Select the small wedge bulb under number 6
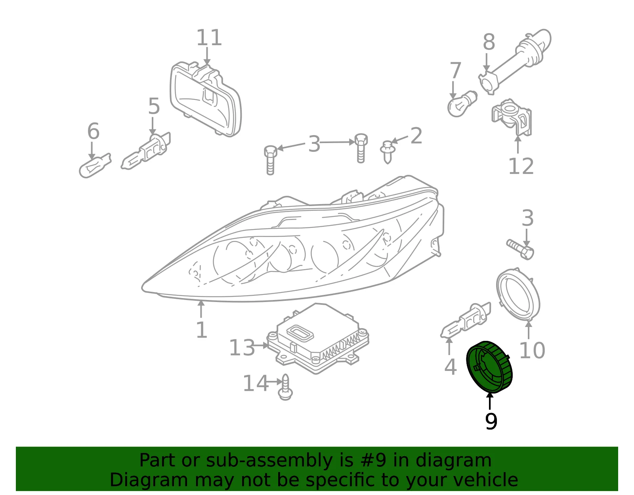(x=95, y=165)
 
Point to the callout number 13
(x=242, y=348)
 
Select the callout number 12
(x=521, y=166)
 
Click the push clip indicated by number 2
(x=388, y=152)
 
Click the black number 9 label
(x=491, y=421)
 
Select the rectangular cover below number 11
(x=206, y=99)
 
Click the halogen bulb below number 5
(x=145, y=151)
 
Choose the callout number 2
(x=416, y=136)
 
